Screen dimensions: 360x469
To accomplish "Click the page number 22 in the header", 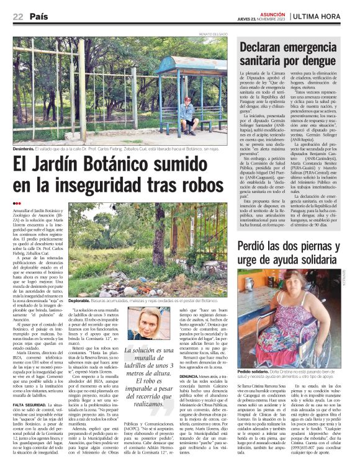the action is [17, 16].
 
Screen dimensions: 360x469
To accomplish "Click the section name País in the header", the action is [39, 16].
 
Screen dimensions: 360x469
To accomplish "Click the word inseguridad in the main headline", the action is [99, 185].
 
